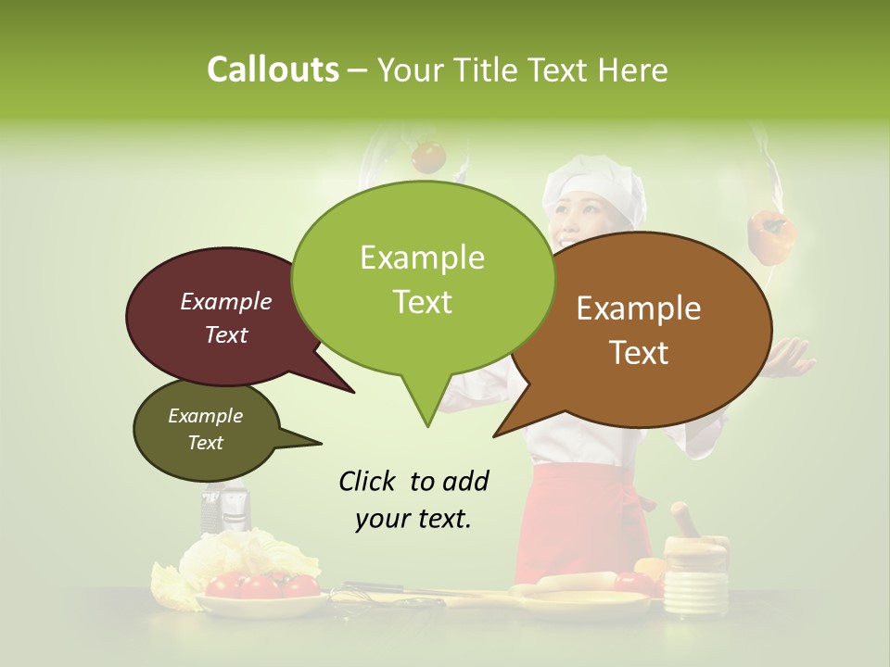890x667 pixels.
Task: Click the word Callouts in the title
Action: click(x=273, y=69)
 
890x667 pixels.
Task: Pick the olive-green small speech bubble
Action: click(x=205, y=430)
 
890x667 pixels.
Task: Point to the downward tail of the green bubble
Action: click(x=426, y=408)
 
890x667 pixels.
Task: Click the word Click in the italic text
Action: click(x=368, y=482)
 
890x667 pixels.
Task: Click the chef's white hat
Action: click(x=594, y=185)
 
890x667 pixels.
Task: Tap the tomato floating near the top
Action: click(x=428, y=156)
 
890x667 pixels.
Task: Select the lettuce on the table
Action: click(x=241, y=560)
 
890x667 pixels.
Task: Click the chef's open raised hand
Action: click(x=788, y=357)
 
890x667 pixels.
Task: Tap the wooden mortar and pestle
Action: click(x=693, y=556)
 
